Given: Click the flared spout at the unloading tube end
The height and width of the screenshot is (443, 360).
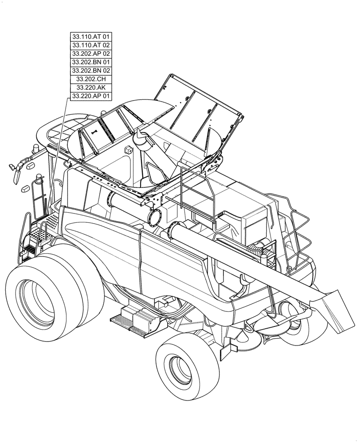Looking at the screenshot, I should click(333, 310).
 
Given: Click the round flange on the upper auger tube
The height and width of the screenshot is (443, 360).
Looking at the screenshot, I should click(155, 217).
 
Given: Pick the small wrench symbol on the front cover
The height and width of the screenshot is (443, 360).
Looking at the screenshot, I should click(94, 131).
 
